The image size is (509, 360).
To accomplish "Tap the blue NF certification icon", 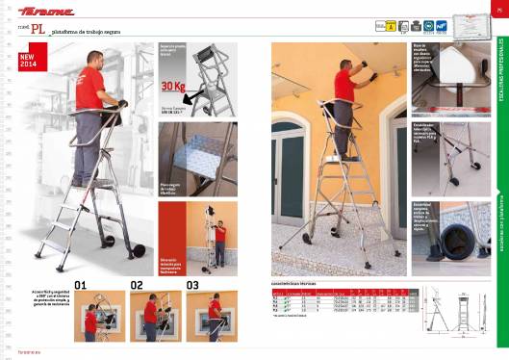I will (x=441, y=27).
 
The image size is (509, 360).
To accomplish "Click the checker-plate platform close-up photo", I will (x=196, y=152).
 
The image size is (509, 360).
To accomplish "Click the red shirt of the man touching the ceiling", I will (x=344, y=86).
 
